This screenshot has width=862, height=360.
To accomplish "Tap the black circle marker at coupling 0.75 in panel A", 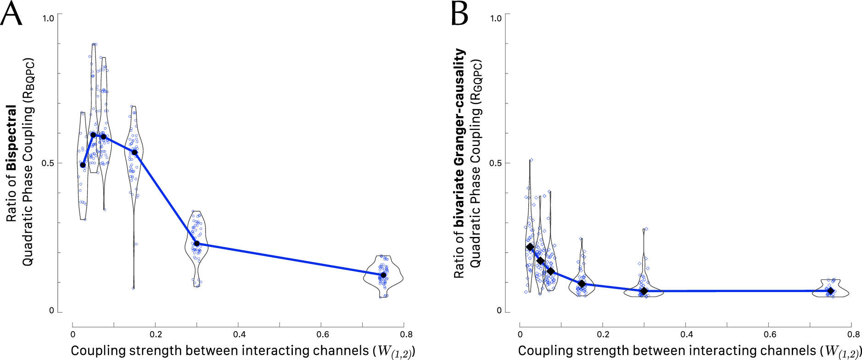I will click(x=383, y=275).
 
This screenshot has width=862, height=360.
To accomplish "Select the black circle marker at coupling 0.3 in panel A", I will click(x=197, y=244).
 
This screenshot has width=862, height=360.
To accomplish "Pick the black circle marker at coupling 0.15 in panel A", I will click(x=134, y=152).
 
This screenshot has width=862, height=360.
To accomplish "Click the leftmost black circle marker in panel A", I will click(x=83, y=165).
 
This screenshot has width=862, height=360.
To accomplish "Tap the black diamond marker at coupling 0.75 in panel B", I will click(x=830, y=291).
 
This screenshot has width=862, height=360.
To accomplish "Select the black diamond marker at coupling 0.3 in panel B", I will click(x=644, y=291).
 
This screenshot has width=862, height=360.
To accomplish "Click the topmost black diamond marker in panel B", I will click(x=530, y=247).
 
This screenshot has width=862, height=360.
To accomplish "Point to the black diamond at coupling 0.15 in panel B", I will click(x=582, y=284).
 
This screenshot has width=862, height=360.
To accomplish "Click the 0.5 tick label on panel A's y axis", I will click(x=48, y=163).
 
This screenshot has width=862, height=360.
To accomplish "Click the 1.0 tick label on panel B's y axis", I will click(x=496, y=18).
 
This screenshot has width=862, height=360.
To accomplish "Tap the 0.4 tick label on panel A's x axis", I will click(x=239, y=334).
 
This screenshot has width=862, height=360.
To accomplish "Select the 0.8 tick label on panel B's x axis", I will click(x=853, y=334).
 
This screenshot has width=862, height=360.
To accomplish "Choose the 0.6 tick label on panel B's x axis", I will click(x=770, y=334).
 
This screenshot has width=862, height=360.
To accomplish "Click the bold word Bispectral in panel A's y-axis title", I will click(x=11, y=138).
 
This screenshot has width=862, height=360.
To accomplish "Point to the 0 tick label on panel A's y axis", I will click(x=51, y=310).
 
